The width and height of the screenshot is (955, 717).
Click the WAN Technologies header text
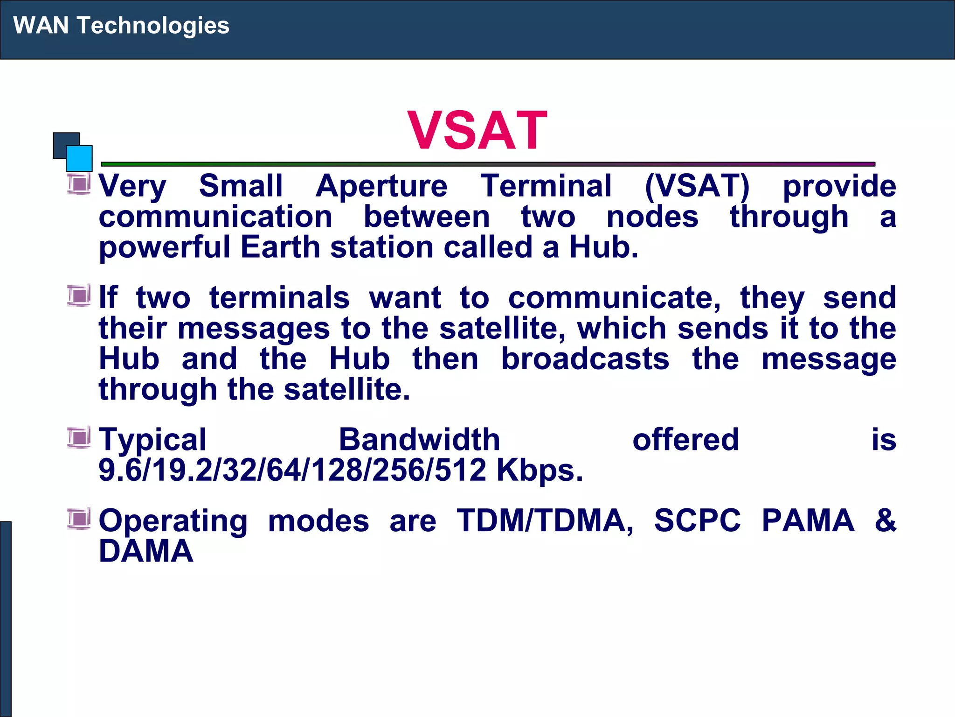point(121,25)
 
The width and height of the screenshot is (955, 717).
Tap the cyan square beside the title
point(79,159)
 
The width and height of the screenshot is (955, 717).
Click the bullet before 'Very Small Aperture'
point(79,184)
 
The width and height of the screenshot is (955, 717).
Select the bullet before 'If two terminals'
point(79,295)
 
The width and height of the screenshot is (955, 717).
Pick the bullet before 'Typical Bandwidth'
point(79,438)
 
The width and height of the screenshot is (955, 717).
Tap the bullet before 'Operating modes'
point(79,519)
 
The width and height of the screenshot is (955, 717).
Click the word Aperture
point(381,186)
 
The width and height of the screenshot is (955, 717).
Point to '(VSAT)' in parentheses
point(697,186)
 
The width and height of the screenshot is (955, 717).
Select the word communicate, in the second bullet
point(614,298)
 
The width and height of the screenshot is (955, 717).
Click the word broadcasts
point(585,359)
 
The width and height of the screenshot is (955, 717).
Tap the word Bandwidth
point(419,440)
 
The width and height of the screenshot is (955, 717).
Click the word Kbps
point(540,470)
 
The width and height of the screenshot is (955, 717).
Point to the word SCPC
point(697,520)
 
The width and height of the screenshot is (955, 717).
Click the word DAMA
point(146,551)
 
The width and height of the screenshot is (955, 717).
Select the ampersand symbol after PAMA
point(885,520)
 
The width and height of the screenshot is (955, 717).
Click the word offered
point(685,440)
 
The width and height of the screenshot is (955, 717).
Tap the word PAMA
point(808,520)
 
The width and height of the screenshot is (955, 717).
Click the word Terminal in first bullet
point(546,186)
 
